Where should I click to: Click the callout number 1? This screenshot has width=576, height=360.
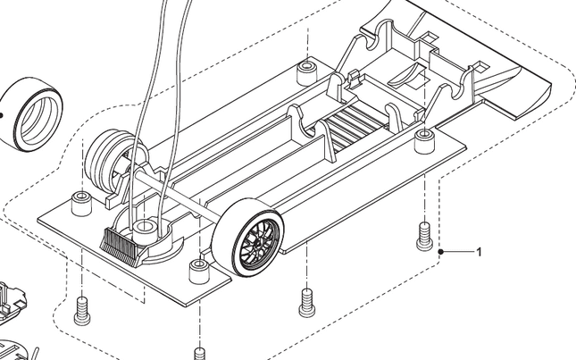pyautogui.click(x=479, y=253)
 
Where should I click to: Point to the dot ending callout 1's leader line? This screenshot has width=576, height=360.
pyautogui.click(x=442, y=253)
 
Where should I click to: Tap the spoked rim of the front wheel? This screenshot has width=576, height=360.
pyautogui.click(x=260, y=240)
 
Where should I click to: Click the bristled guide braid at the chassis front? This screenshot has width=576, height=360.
pyautogui.click(x=121, y=242)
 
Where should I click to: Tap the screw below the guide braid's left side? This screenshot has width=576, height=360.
pyautogui.click(x=83, y=308)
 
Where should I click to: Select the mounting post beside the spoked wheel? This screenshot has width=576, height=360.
pyautogui.click(x=198, y=267)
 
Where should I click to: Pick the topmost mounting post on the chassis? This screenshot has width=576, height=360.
pyautogui.click(x=307, y=69)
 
